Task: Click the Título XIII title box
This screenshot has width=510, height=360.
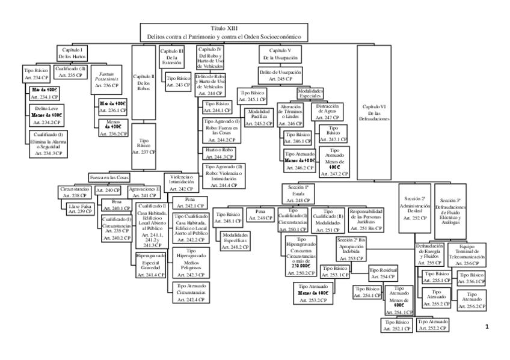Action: tap(224, 32)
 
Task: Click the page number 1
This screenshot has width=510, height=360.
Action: tap(486, 328)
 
